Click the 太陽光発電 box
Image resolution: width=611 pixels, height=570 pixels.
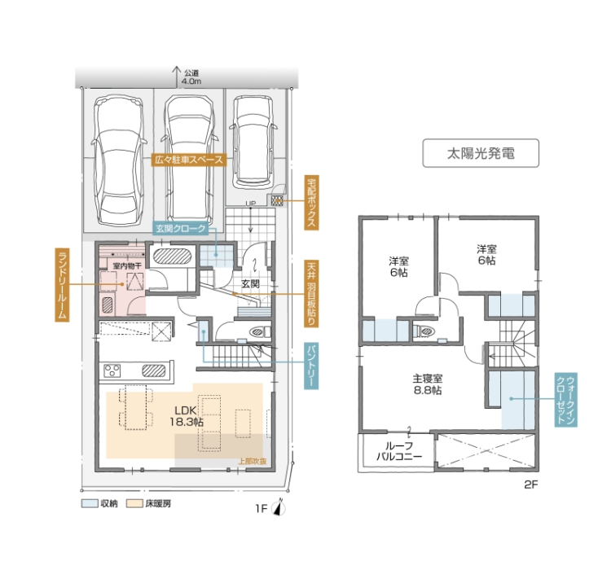pyautogui.click(x=481, y=153)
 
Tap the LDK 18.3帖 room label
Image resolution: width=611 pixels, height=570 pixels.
pyautogui.click(x=187, y=416)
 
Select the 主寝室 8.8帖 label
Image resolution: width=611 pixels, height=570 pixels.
pyautogui.click(x=428, y=384)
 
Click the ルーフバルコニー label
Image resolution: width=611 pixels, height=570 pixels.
pyautogui.click(x=399, y=451)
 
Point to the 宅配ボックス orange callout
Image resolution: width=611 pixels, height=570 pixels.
pyautogui.click(x=312, y=203)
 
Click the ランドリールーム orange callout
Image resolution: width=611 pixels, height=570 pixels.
pyautogui.click(x=62, y=284)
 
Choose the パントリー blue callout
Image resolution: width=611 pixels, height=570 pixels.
pyautogui.click(x=311, y=366)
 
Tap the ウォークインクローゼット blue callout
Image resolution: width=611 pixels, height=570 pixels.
pyautogui.click(x=566, y=399)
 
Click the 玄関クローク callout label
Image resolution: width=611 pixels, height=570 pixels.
pyautogui.click(x=180, y=229)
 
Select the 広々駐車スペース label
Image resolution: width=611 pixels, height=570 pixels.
pyautogui.click(x=189, y=160)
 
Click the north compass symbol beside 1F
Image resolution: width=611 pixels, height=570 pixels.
pyautogui.click(x=279, y=507)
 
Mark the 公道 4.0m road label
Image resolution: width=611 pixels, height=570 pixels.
pyautogui.click(x=191, y=77)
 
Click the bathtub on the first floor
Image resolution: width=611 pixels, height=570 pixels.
pyautogui.click(x=172, y=256)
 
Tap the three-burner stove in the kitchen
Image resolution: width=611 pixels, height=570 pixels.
pyautogui.click(x=112, y=370)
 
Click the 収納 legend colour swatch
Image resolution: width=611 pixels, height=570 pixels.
pyautogui.click(x=90, y=503)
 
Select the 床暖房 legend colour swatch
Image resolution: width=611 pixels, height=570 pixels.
pyautogui.click(x=134, y=503)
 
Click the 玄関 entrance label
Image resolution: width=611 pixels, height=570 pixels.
pyautogui.click(x=250, y=283)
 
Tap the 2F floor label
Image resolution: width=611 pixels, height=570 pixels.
pyautogui.click(x=530, y=484)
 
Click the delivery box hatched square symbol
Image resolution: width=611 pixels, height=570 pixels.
pyautogui.click(x=277, y=200)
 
